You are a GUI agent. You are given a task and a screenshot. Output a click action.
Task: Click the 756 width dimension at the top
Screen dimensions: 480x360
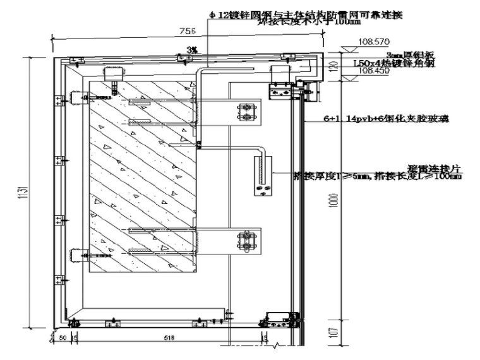tap(188, 30)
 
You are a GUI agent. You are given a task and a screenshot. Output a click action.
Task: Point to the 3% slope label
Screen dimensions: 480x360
tap(191, 49)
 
